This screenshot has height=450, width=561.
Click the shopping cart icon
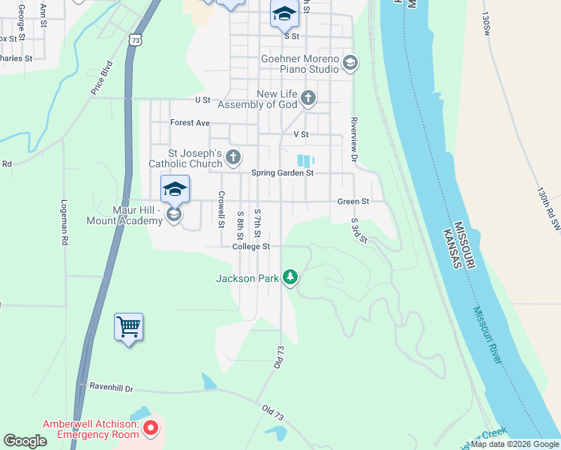[x=128, y=327]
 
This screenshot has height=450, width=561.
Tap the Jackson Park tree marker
[x=290, y=278]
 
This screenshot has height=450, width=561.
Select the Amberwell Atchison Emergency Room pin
[x=151, y=429]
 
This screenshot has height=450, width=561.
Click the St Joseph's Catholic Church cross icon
[x=234, y=157]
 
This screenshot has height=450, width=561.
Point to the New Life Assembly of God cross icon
[x=308, y=98]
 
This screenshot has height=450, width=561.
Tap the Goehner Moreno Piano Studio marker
[x=349, y=64]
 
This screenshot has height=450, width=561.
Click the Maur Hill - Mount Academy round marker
[x=174, y=215]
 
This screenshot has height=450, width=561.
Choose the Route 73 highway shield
[x=134, y=39]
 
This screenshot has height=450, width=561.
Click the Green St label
[x=353, y=201]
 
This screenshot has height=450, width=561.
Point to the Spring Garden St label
[x=281, y=172]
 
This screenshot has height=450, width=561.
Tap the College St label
[x=250, y=246]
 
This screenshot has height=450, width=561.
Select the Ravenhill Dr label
[x=111, y=388]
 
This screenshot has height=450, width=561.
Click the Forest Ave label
[x=190, y=122]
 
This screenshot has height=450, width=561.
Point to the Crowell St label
[x=222, y=208]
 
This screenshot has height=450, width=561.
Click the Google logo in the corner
[x=25, y=441]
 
